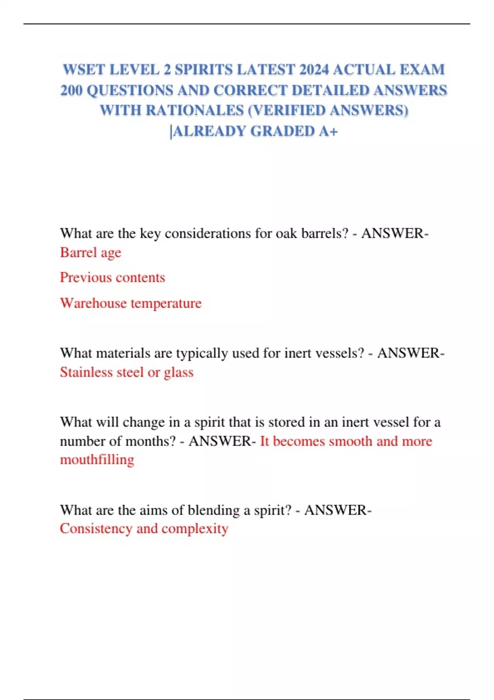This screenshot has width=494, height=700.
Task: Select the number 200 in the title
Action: [71, 90]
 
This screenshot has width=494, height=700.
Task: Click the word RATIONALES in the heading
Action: [194, 110]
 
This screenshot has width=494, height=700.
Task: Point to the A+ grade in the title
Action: [329, 131]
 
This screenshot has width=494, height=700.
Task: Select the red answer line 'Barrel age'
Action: [91, 252]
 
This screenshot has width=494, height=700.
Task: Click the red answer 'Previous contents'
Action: [112, 278]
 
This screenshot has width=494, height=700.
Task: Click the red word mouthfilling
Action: [97, 460]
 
